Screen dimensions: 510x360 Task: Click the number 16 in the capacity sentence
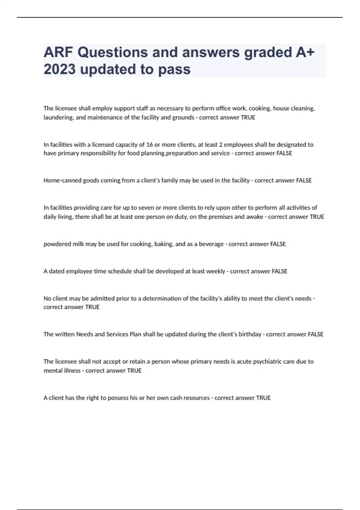tap(149, 145)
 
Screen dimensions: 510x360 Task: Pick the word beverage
tap(211, 244)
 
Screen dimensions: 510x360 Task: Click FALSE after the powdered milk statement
tap(278, 244)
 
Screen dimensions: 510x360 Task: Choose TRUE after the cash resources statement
tap(263, 398)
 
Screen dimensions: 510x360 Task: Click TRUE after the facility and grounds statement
tap(248, 118)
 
